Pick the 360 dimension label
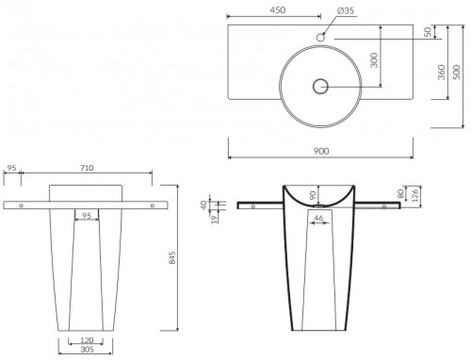click(x=441, y=72)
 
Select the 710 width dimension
click(x=86, y=168)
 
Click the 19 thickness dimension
click(x=215, y=218)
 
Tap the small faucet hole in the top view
click(x=320, y=37)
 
